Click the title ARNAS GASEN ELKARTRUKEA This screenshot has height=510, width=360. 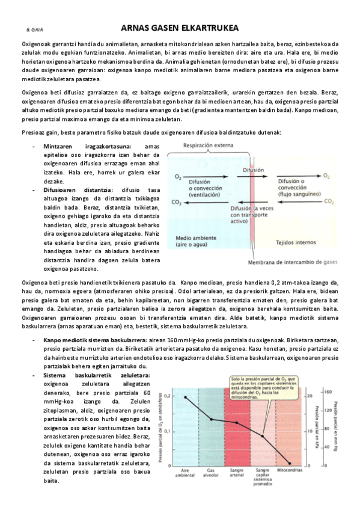click(x=179, y=28)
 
